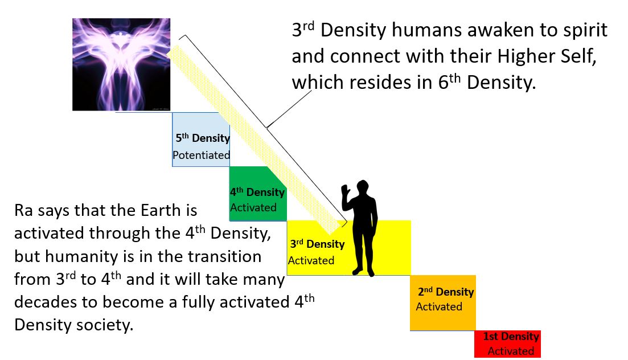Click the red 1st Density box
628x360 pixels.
coord(507,343)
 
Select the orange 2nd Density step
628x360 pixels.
coord(443,302)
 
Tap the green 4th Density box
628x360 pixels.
coord(258,194)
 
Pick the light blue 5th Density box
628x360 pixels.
coord(201,140)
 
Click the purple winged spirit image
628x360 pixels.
coord(121,64)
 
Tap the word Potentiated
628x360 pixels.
coord(201,155)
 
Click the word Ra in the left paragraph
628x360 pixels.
coord(23,210)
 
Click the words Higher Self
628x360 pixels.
coord(547,56)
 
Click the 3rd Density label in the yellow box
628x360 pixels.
coord(317,244)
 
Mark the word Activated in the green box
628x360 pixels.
coord(253,208)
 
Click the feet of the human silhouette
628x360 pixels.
coord(364,272)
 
